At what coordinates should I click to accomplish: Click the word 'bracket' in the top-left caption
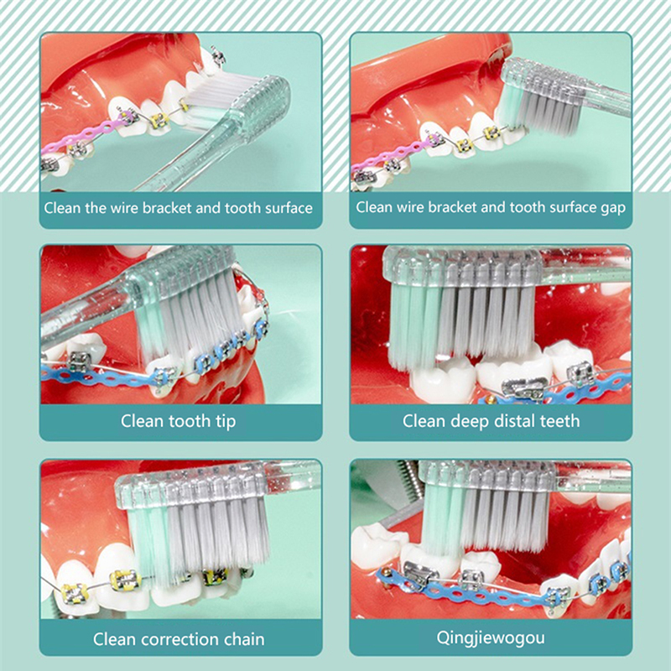coord(166,208)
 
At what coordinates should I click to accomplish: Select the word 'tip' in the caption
coord(226,422)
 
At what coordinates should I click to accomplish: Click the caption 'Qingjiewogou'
coord(491,638)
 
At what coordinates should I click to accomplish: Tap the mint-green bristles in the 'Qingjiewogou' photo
coord(443,520)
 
